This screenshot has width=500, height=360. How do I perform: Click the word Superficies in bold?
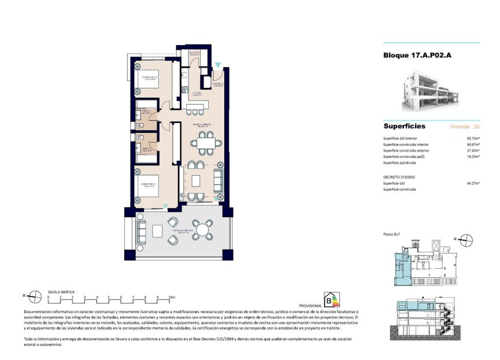click(x=405, y=126)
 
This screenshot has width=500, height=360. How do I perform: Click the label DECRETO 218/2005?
click(x=402, y=177)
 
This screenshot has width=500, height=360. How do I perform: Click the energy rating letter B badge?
click(x=331, y=300)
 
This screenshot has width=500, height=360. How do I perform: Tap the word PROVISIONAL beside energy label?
click(x=310, y=305)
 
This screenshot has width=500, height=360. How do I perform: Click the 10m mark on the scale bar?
click(x=171, y=297)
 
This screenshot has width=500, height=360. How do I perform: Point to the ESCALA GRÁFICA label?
click(x=61, y=292)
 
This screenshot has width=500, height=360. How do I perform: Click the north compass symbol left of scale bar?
click(x=35, y=296)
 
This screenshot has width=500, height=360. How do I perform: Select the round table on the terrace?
click(x=203, y=230)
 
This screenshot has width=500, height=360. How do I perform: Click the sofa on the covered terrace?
click(x=141, y=232)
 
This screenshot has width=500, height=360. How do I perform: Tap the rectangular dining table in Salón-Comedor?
click(x=206, y=143)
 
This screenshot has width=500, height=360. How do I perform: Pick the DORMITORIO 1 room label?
click(x=149, y=185)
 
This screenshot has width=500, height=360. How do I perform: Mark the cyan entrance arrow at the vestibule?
click(x=217, y=65)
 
